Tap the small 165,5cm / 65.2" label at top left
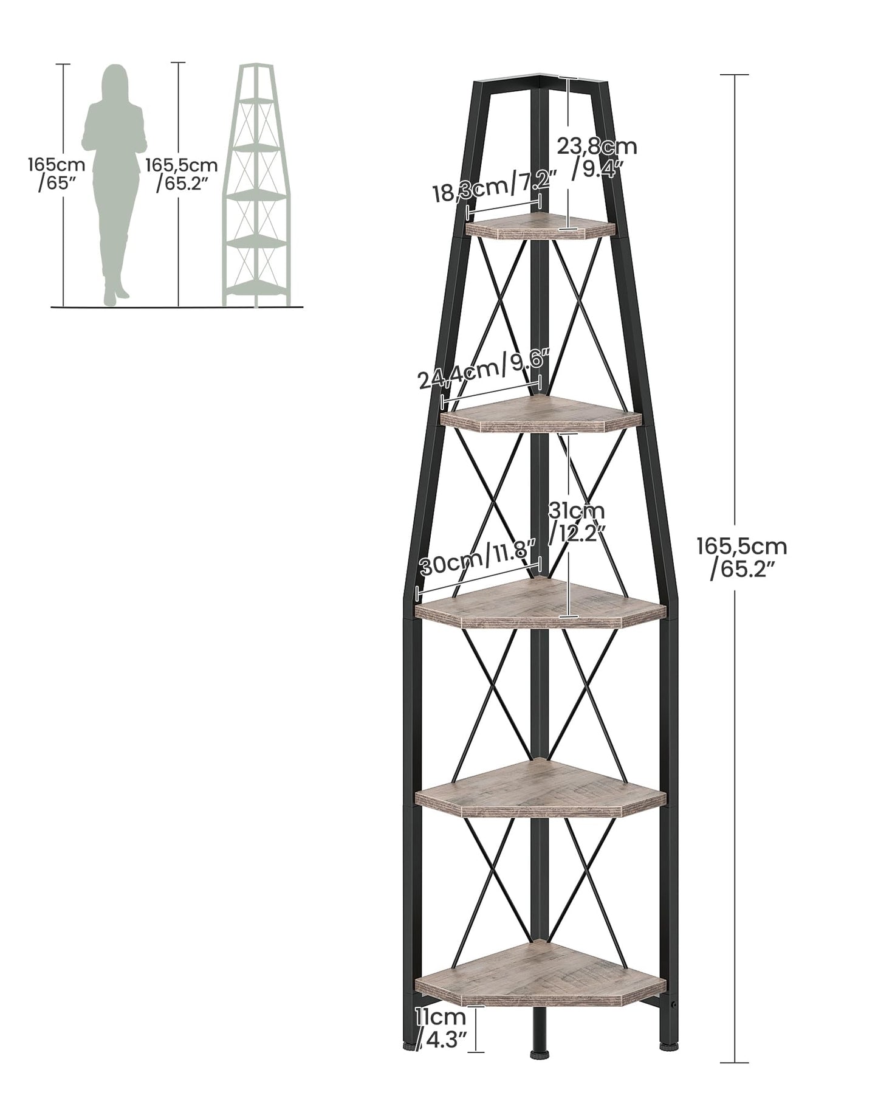(x=181, y=174)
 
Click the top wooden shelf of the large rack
(x=541, y=227)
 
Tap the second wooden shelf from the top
(x=541, y=415)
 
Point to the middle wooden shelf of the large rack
(x=541, y=604)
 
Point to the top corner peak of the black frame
(x=541, y=75)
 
